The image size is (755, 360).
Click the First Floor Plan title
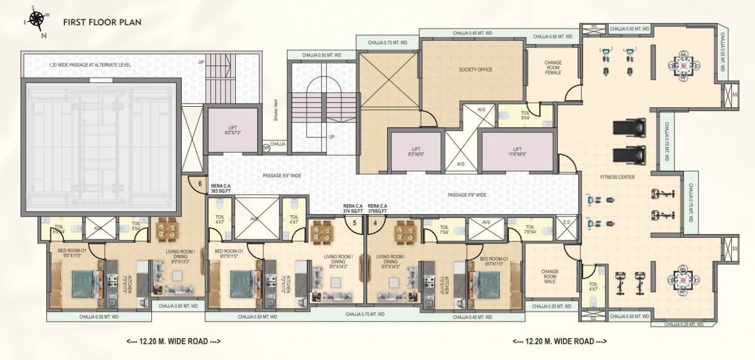102,23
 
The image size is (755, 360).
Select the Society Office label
475,70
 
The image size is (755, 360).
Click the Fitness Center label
617,177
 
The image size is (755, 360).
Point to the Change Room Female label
553,68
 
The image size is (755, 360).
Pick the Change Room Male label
549,276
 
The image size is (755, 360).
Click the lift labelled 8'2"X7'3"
231,131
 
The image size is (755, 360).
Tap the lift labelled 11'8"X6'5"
517,150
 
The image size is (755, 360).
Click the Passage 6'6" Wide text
281,176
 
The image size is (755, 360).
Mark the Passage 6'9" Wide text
467,195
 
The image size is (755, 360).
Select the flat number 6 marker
199,183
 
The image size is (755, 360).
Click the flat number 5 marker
354,223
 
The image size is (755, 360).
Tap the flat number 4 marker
375,223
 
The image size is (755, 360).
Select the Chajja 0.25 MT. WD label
684,325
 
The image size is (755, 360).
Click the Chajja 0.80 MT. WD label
553,37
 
